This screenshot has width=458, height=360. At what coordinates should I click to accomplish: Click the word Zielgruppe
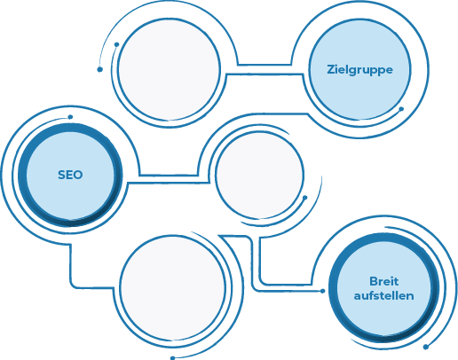coord(359,70)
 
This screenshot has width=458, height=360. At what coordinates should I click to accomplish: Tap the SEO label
coord(70,175)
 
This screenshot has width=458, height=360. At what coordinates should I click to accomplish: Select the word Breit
coord(383,281)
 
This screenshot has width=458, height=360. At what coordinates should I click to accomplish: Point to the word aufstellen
coord(383,295)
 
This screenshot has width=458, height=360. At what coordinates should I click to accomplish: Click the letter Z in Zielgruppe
coord(331,69)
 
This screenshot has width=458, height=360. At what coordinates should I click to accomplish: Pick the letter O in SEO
coord(78,175)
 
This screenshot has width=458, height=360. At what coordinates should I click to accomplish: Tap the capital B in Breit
coord(374,281)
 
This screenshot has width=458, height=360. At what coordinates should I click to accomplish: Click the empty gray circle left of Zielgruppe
coord(169,69)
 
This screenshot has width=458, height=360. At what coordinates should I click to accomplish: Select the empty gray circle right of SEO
coord(260,175)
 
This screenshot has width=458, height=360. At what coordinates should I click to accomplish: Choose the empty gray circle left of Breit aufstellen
coord(173,287)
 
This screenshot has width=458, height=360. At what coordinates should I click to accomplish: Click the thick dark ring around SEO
coord(22,175)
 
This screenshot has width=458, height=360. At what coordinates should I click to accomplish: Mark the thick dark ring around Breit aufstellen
coord(333,288)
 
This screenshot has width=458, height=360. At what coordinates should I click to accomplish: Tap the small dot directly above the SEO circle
coord(70,117)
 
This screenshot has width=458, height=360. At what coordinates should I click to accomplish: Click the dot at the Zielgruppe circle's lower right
coord(401,109)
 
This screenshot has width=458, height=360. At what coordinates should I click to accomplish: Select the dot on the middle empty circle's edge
coord(305,198)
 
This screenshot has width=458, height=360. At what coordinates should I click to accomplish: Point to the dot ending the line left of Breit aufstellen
coord(323,291)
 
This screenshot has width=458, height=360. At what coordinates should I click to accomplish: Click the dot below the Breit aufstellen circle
coord(426,347)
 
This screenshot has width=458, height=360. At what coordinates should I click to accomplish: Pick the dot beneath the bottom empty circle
coord(173,358)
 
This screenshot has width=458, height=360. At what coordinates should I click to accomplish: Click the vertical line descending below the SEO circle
coord(70,263)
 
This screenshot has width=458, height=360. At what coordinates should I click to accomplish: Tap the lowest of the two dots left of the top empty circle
coord(100,69)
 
